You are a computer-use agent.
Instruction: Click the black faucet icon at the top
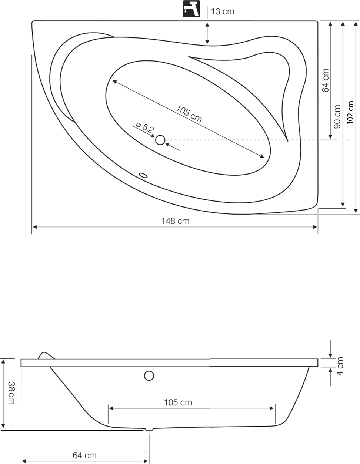(191, 9)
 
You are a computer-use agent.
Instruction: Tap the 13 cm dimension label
(223, 11)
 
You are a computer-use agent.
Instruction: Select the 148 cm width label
(176, 221)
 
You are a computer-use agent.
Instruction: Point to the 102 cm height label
(350, 112)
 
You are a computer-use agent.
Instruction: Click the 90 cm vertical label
(337, 117)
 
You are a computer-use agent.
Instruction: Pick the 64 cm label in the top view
(326, 80)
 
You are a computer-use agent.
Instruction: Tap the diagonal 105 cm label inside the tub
(189, 114)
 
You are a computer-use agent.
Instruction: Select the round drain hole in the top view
(160, 140)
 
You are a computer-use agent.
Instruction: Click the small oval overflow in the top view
(143, 175)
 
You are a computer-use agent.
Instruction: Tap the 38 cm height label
(11, 393)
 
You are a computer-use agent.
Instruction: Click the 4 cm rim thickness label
(340, 366)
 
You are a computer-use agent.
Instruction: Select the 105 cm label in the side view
(178, 402)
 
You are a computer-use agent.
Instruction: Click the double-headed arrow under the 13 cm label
(207, 33)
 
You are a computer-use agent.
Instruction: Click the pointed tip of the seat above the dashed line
(288, 140)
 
